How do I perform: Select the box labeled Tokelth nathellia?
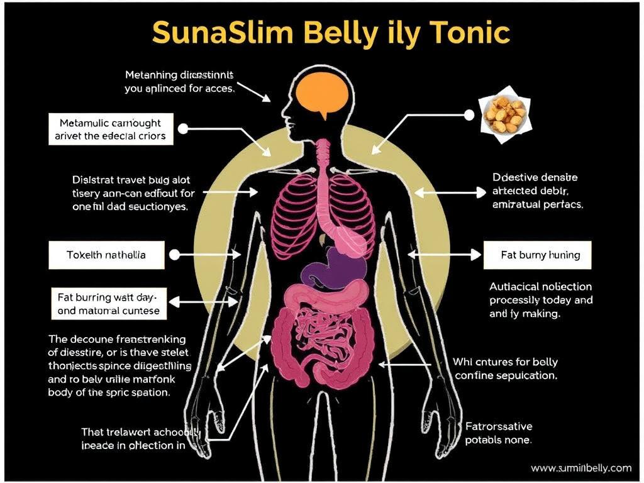point(106,255)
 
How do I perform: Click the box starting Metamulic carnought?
point(110,129)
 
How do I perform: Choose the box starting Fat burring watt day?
point(108,303)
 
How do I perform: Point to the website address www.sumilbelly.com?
point(580,468)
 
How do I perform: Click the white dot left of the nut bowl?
point(468,114)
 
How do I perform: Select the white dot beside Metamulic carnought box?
point(183,129)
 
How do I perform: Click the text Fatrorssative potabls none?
point(498,433)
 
